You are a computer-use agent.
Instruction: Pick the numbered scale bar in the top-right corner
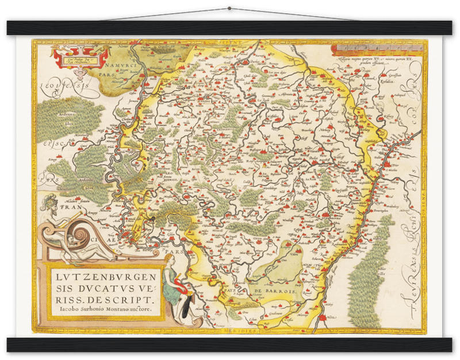pyautogui.click(x=372, y=49)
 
